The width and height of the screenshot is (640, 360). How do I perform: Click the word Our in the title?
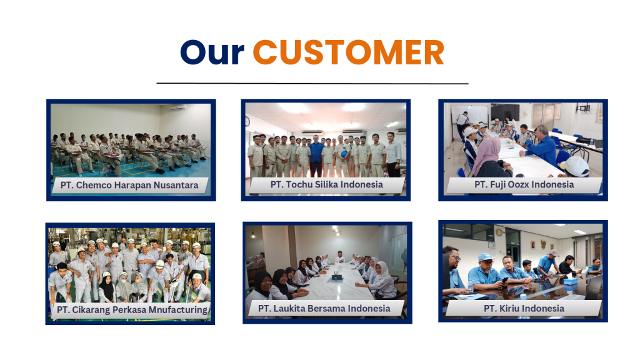pos(212,52)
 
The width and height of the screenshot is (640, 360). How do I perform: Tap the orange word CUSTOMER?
pos(348,52)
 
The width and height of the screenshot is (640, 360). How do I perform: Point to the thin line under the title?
pos(312,83)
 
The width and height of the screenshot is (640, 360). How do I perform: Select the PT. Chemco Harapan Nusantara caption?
pos(129,185)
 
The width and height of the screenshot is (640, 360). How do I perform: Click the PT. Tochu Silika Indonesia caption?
pos(326,184)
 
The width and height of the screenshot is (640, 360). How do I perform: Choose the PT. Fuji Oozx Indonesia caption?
pos(524,184)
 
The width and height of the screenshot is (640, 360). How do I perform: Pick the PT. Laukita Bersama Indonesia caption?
pos(324,309)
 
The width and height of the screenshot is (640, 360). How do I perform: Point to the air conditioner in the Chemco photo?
pos(178,108)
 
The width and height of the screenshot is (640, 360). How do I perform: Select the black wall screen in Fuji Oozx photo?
pos(505,112)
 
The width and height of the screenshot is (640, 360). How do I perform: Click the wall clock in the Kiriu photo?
pos(499,232)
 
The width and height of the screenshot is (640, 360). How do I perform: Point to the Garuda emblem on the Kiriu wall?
pos(543,244)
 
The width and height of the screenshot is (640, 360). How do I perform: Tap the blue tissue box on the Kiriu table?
pos(570,282)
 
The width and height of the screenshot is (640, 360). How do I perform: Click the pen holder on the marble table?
pos(337,276)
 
